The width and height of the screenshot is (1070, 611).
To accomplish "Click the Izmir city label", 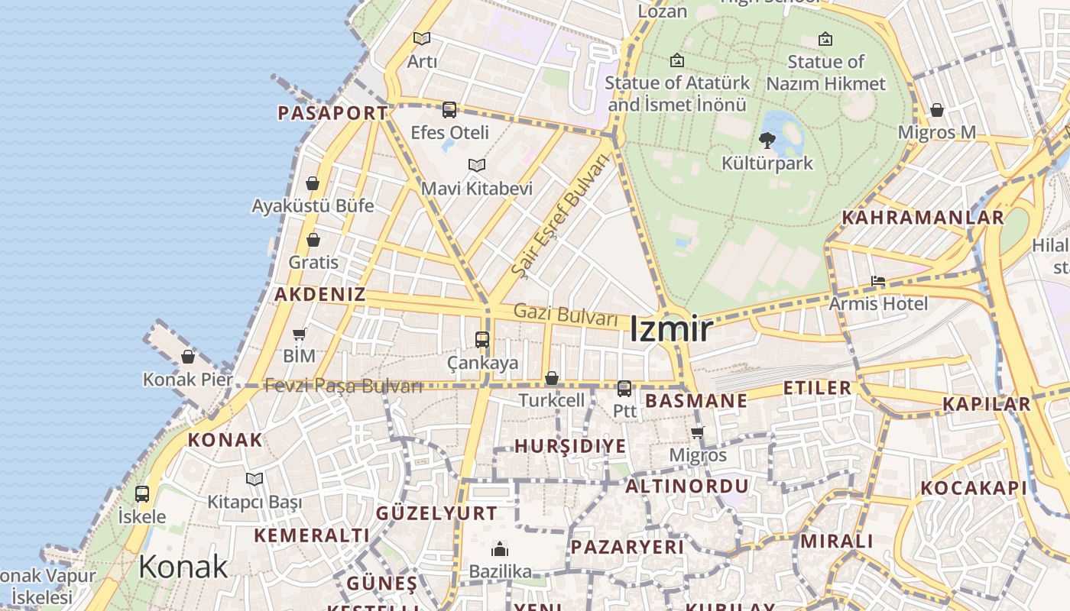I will click(671, 329).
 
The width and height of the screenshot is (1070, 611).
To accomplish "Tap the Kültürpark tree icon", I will click(767, 140).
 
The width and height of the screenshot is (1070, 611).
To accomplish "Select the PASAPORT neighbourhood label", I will click(332, 113).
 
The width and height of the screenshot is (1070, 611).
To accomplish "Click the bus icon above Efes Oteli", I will click(449, 109).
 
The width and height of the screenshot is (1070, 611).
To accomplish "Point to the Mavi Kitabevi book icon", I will click(477, 165).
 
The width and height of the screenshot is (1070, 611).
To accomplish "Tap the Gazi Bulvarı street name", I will click(565, 314).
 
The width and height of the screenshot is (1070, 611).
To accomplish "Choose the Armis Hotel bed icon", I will click(878, 281).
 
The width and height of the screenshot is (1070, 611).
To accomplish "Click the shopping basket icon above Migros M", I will click(937, 110).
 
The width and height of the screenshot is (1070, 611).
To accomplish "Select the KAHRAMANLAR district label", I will click(922, 218).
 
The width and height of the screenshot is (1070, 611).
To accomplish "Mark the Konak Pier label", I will click(187, 380).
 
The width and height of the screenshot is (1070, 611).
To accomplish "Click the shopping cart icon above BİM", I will click(300, 334).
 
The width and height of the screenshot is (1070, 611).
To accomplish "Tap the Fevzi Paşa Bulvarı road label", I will click(343, 386).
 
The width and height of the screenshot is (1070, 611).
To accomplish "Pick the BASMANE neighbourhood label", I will click(696, 401).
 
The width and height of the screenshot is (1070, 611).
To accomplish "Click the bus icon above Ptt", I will click(624, 388).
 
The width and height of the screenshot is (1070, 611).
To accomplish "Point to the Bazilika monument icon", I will click(500, 549).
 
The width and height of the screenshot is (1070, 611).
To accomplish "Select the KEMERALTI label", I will click(311, 535).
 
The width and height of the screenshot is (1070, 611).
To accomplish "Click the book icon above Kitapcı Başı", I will click(255, 479).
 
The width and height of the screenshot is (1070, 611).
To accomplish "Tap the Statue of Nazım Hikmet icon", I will click(825, 39).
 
